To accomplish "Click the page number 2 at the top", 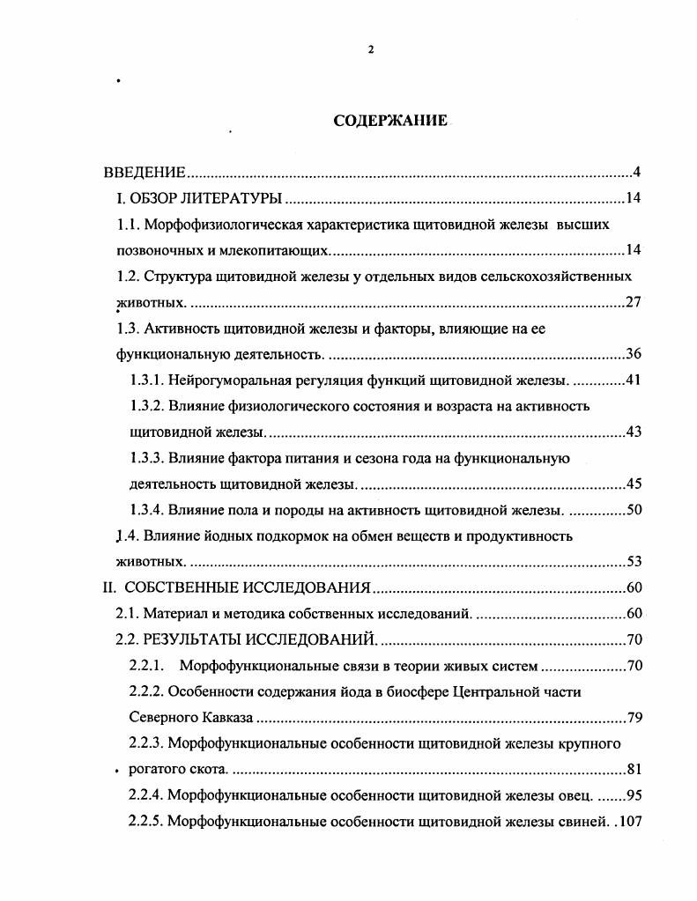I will [x=371, y=49].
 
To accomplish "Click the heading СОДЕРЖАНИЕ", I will [x=390, y=121].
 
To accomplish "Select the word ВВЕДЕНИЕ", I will [x=145, y=172].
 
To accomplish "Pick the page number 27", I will [x=633, y=302].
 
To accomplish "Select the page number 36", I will [x=633, y=354].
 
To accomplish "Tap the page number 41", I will [x=633, y=380].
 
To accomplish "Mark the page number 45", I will [x=633, y=484].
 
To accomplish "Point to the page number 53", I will [x=633, y=561].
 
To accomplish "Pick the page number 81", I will [x=633, y=768].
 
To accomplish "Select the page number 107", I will [x=629, y=821].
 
